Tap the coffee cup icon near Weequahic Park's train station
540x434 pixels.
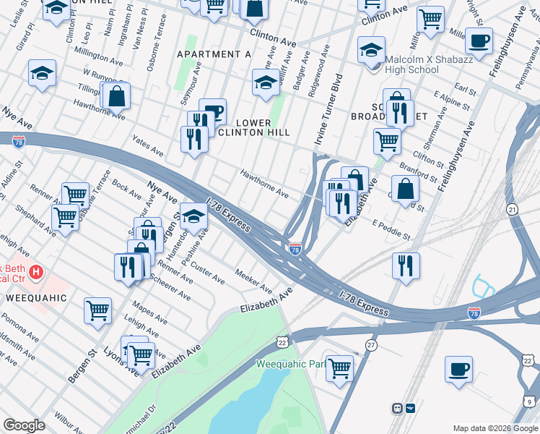(458, 369)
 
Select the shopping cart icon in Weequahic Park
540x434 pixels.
(339, 367)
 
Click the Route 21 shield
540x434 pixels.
(513, 209)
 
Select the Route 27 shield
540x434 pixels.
(371, 345)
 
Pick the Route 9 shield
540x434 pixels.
(530, 401)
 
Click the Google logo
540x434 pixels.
(24, 425)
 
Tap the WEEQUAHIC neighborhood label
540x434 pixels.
(36, 298)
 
